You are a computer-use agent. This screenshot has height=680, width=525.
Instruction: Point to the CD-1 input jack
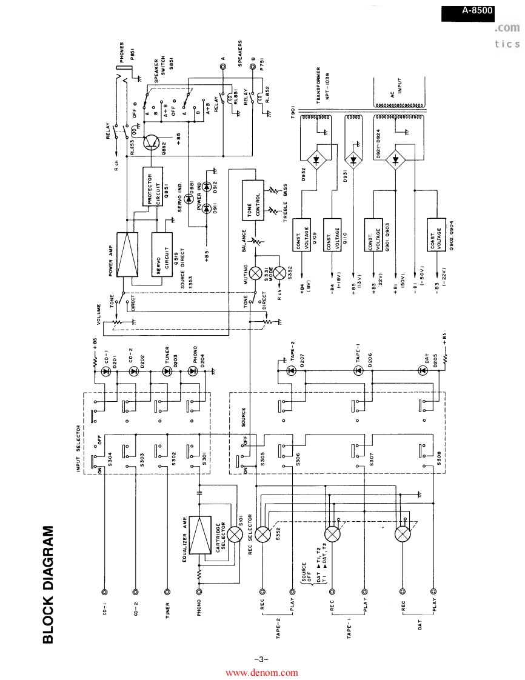click(x=105, y=592)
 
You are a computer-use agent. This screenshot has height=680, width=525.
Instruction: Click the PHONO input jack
click(x=199, y=592)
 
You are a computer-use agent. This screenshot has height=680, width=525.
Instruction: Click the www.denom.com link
click(x=262, y=672)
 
